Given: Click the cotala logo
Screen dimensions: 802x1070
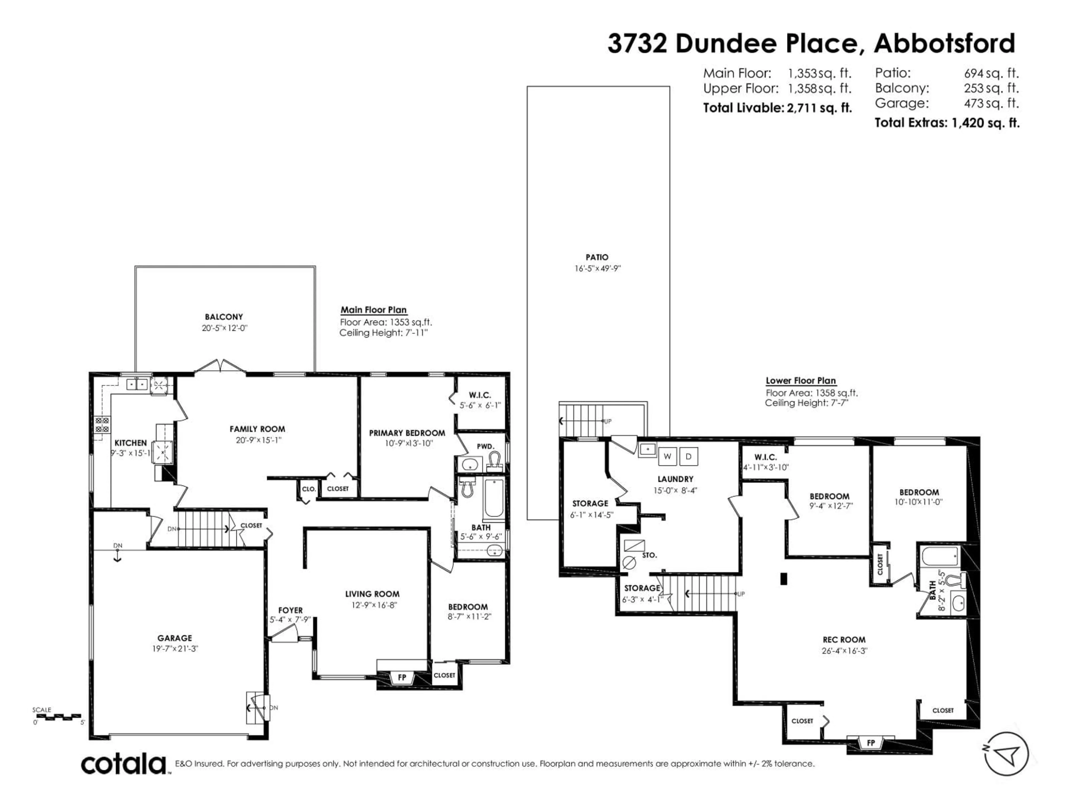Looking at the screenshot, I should [x=123, y=764].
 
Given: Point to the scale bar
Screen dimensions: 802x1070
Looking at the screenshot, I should [x=58, y=717].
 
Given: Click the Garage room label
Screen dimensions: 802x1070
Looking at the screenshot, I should [x=175, y=638].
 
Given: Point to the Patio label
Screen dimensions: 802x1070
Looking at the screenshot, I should [x=597, y=258].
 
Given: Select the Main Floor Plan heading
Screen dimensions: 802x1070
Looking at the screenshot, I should [x=373, y=310].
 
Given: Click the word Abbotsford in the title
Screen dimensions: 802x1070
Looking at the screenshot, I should [x=944, y=43].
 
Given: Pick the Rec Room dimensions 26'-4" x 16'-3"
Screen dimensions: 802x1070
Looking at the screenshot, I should [x=844, y=651].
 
